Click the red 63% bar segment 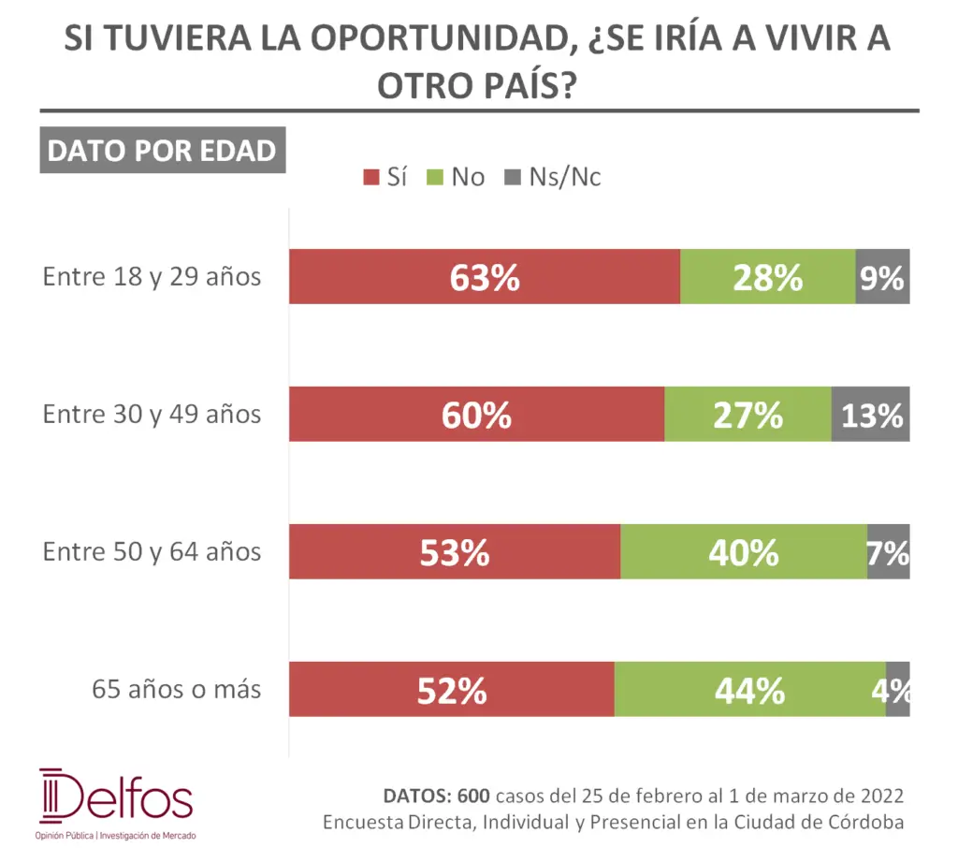(484, 277)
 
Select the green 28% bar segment (767, 277)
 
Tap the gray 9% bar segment (882, 277)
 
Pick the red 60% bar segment (476, 414)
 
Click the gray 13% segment (870, 414)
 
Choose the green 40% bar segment (744, 552)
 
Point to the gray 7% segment (888, 552)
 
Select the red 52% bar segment (451, 690)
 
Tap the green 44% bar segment (749, 690)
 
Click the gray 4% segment (897, 690)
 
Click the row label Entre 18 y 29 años (152, 277)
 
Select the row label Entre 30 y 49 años (152, 414)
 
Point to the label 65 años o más (176, 690)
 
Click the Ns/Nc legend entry (553, 177)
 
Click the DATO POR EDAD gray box (162, 152)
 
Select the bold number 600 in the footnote (473, 797)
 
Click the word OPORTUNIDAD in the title (415, 40)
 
